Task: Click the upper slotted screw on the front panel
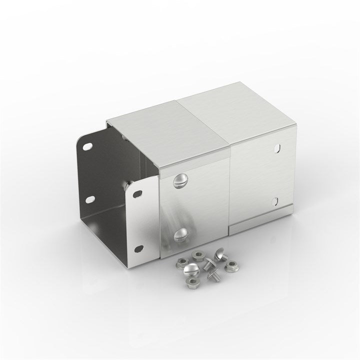(x=180, y=180)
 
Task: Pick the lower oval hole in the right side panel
(x=274, y=201)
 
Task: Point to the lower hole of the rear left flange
(x=90, y=199)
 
